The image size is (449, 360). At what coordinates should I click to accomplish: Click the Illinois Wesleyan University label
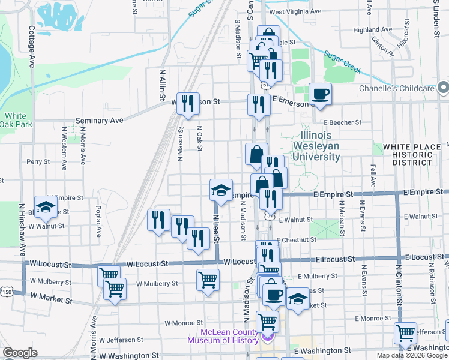tap(316, 146)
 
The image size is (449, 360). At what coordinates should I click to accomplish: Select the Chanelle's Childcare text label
tap(396, 89)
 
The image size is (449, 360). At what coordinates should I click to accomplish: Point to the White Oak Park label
tap(17, 120)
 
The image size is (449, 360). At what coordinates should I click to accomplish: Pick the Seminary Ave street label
tap(99, 120)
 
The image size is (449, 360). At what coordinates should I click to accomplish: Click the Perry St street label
tap(38, 161)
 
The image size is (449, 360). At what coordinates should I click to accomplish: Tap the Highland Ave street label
tap(372, 29)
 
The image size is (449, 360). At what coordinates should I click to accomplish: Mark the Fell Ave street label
tap(373, 176)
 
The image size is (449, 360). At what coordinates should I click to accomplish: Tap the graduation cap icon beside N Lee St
tap(221, 190)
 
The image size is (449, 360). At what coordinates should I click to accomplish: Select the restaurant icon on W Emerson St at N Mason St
tap(189, 103)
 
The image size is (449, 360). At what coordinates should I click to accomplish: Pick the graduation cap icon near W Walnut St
tap(45, 207)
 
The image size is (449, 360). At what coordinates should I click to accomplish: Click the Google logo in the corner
tap(20, 353)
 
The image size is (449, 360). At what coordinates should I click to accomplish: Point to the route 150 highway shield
tap(7, 292)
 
